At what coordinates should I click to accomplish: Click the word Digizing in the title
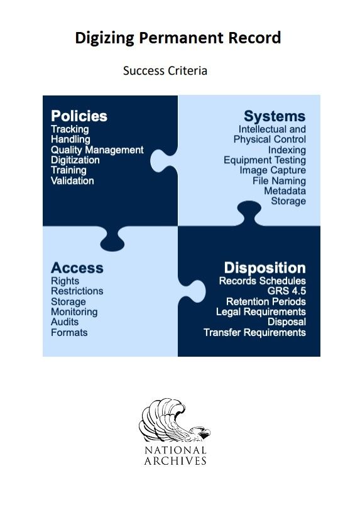[105, 38]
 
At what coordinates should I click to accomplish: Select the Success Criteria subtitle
[165, 70]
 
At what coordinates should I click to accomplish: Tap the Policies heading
[79, 116]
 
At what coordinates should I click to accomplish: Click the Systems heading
[275, 116]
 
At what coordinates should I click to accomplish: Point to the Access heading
[77, 268]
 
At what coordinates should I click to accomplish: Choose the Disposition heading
[265, 268]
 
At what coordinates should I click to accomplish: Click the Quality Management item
[97, 150]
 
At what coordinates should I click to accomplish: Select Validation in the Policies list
[72, 181]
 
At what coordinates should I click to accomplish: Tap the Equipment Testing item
[265, 160]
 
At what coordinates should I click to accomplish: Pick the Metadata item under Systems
[285, 191]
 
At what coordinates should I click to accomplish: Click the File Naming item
[279, 181]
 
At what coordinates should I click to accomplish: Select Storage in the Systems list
[288, 201]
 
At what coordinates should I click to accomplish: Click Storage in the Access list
[68, 302]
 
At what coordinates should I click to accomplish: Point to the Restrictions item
[77, 291]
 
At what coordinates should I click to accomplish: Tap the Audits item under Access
[65, 322]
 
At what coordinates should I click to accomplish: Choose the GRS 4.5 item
[286, 291]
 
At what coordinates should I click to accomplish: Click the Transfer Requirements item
[255, 332]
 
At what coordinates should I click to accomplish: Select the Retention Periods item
[266, 301]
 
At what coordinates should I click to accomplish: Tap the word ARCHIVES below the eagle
[175, 460]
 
